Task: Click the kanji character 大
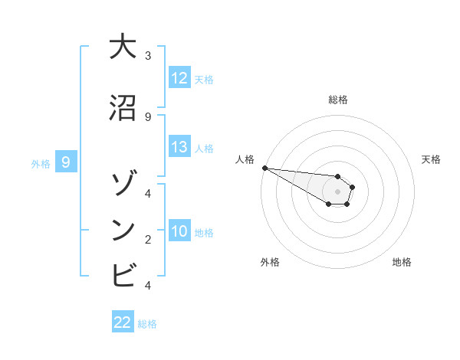(x=123, y=47)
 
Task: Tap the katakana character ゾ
(x=123, y=185)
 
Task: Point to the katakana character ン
(x=123, y=229)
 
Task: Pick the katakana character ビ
(x=123, y=273)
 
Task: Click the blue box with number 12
(x=179, y=78)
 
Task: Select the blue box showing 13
(x=179, y=147)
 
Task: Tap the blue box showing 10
(x=179, y=231)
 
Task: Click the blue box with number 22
(x=123, y=322)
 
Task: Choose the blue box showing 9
(x=67, y=162)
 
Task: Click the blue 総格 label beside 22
(x=147, y=324)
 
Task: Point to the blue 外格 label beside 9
(x=40, y=163)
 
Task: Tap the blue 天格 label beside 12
(x=204, y=79)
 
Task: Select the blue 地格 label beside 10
(x=204, y=232)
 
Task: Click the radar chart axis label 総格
(x=337, y=100)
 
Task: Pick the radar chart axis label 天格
(x=431, y=159)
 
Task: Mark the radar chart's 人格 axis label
(x=245, y=159)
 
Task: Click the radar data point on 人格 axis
(x=264, y=168)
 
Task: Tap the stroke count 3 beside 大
(x=148, y=56)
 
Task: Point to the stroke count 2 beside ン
(x=148, y=239)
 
